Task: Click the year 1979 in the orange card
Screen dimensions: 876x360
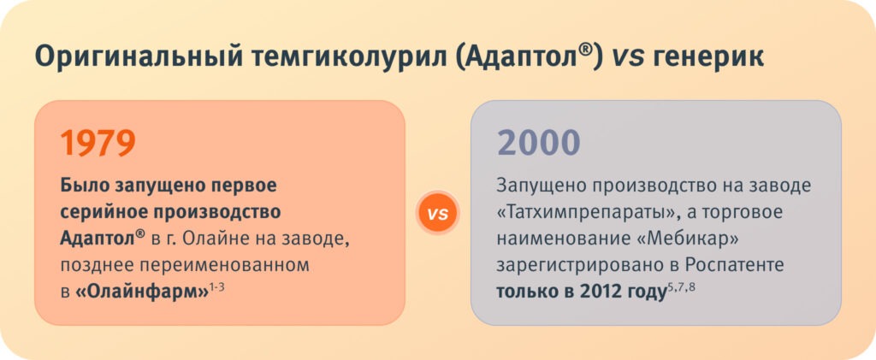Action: pyautogui.click(x=98, y=142)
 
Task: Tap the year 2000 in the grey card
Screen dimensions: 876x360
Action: pyautogui.click(x=539, y=142)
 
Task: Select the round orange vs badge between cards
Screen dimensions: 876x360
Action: pyautogui.click(x=437, y=213)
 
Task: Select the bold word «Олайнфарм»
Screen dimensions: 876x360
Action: pyautogui.click(x=142, y=293)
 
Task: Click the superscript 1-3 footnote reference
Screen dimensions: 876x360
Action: pyautogui.click(x=216, y=288)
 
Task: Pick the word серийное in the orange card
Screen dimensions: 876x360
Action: pyautogui.click(x=107, y=214)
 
